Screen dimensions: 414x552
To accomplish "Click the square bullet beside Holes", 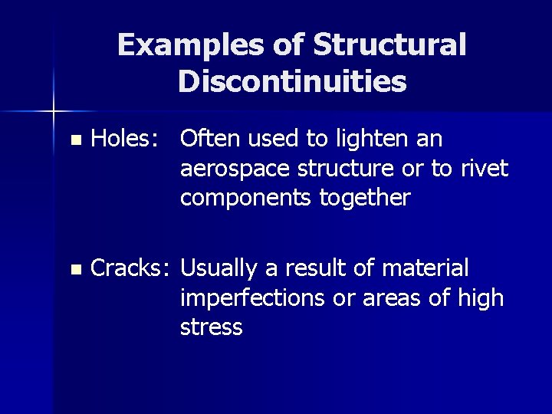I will tap(74, 141).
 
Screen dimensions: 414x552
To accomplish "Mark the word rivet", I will tap(480, 169).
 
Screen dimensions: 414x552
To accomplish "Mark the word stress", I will tap(212, 328).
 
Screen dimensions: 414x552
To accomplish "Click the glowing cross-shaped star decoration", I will tap(54, 112).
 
